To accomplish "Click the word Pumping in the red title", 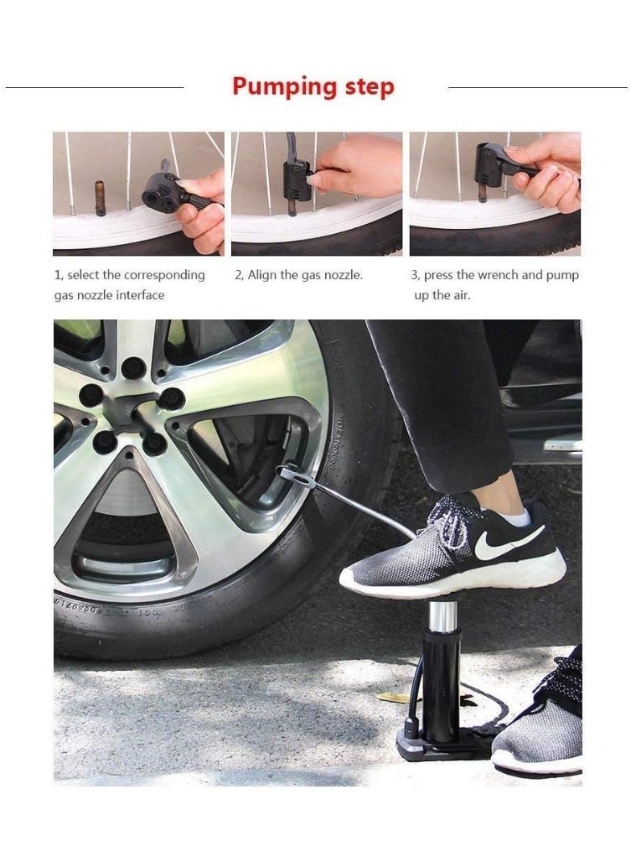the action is pos(284,87).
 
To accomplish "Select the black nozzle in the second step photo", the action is pos(297,174).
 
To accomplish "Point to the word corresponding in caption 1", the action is pos(164,275).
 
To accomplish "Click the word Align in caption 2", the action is pos(262,275).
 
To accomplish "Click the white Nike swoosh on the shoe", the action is pos(506,545).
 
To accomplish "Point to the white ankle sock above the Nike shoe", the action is pos(515,515).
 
